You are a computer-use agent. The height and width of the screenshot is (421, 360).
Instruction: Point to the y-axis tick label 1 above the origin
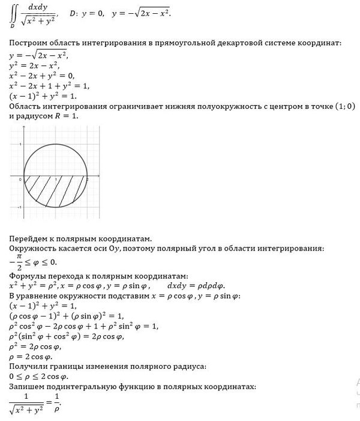[x=21, y=145]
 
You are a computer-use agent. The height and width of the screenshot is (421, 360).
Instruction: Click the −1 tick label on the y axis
[x=20, y=207]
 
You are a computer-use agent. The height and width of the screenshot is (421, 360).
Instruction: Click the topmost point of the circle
[x=56, y=144]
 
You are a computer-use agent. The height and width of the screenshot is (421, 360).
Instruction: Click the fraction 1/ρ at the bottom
[x=58, y=401]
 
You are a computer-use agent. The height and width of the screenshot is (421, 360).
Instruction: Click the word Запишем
[x=27, y=386]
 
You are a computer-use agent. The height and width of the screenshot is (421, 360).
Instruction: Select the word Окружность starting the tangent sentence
[x=31, y=248]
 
